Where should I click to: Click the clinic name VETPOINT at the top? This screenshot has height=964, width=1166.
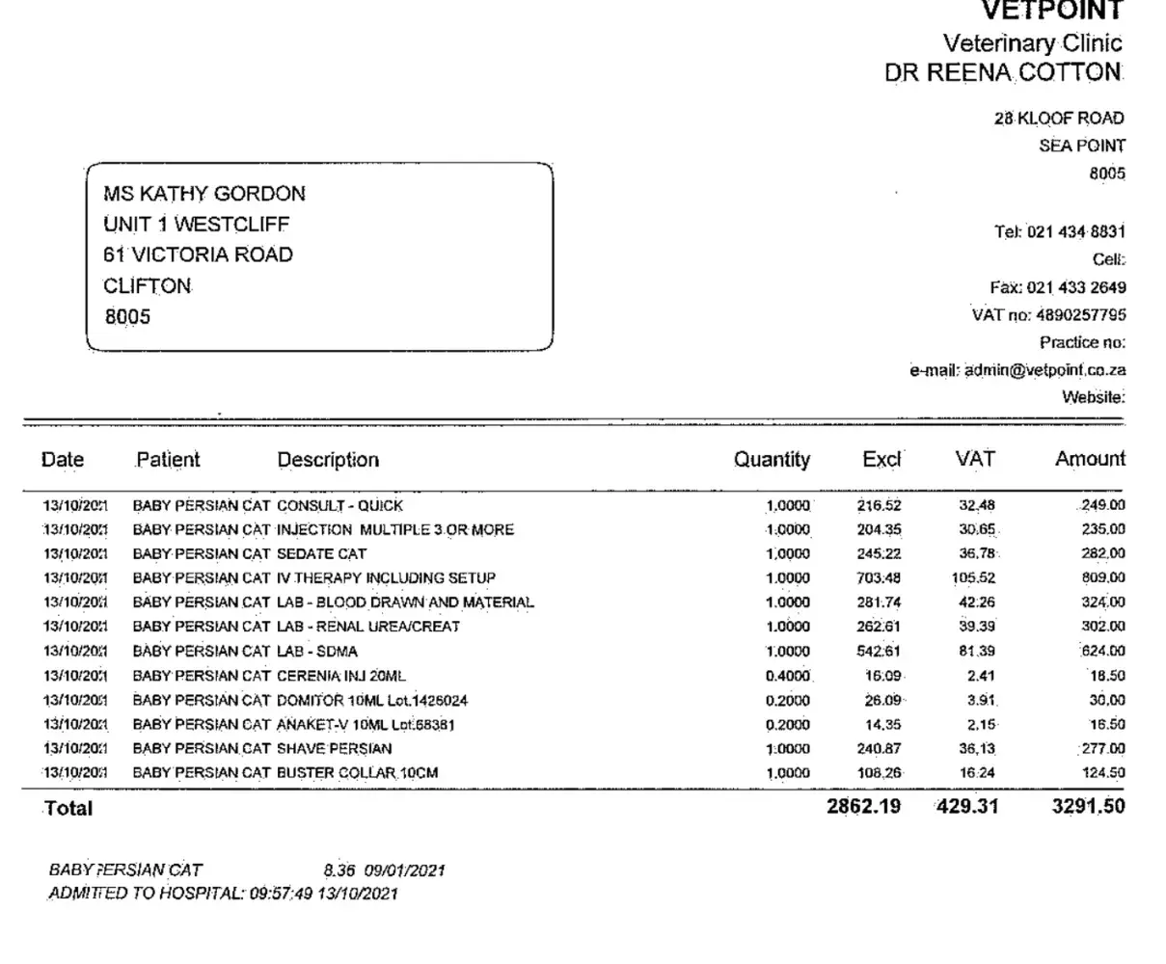(1052, 11)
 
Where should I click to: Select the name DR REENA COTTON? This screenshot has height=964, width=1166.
(1004, 72)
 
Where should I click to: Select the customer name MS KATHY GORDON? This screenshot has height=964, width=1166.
(204, 193)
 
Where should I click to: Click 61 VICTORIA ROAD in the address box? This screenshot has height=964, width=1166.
(198, 254)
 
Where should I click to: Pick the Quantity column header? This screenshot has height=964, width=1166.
(772, 460)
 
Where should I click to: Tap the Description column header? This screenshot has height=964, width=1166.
(328, 460)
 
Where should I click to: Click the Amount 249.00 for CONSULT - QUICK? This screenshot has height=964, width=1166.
(1102, 505)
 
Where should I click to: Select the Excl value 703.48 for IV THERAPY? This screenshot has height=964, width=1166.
(878, 578)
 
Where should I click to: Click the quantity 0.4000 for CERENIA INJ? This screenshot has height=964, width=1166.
(788, 676)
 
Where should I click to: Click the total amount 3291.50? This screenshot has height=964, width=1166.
(1088, 806)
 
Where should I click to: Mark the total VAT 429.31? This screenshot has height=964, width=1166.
(967, 806)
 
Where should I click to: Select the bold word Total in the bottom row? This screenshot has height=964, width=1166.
(68, 808)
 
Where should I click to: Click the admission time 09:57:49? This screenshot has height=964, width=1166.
(281, 894)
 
